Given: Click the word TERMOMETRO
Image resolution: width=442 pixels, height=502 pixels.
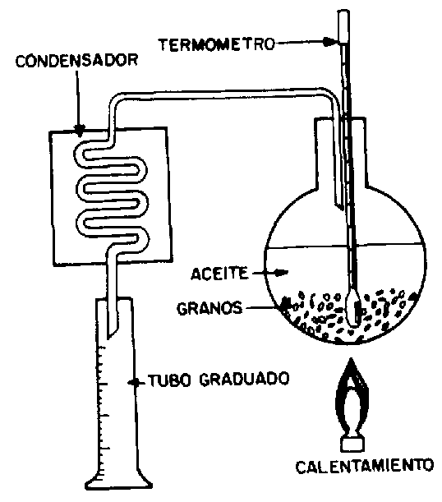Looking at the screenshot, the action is [217, 44].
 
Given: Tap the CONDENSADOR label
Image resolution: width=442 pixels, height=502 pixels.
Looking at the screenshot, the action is [76, 61].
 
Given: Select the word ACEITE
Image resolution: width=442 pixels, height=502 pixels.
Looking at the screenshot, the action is [219, 274].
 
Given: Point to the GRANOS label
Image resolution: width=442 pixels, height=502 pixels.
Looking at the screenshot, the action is [209, 308].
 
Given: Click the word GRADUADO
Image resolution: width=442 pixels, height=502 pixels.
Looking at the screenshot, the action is [245, 379].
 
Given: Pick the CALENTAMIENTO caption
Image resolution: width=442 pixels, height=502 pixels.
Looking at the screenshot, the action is [365, 466].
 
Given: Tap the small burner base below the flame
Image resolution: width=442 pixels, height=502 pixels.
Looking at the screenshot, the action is [352, 444].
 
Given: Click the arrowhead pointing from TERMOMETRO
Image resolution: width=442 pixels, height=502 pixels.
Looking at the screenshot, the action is [329, 42].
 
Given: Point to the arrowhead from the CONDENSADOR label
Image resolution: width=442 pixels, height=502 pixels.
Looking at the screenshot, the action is [80, 130].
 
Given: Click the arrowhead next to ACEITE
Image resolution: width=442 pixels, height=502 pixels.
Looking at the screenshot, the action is [282, 273].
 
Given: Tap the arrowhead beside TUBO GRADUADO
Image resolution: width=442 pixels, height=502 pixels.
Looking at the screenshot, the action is [134, 382].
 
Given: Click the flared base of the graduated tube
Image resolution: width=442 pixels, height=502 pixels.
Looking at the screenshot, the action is [119, 481].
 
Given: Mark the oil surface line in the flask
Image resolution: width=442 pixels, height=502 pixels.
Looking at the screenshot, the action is [346, 246].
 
